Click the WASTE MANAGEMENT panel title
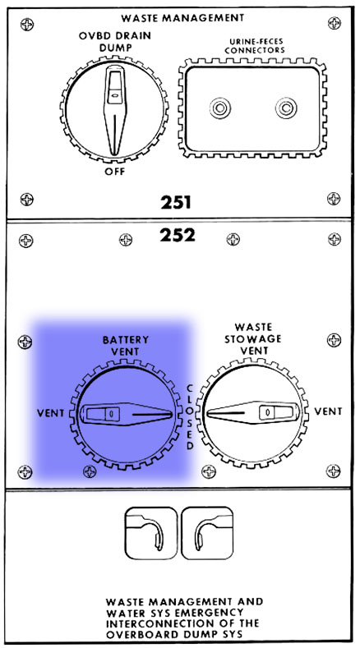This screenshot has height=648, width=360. coord(182,18)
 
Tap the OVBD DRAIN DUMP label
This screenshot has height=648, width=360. coord(114,41)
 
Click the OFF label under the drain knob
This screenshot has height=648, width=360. coord(114,171)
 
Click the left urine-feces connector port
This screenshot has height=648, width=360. coord(219,108)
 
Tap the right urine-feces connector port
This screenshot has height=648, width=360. coord(286,108)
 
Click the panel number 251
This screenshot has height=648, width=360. coord(176,203)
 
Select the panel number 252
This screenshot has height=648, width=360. coord(178,235)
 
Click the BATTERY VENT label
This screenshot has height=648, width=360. coord(126,346)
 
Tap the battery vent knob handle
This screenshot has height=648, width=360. coord(126,414)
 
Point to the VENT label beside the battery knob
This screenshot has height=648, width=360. coord(50,413)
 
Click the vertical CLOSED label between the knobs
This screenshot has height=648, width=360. coord(190,417)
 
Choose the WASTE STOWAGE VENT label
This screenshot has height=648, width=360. coord(253,339)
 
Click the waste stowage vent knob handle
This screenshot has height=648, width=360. coord(253,412)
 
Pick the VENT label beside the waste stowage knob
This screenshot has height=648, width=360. coord(328,411)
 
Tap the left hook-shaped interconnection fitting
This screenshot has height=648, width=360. coord(151,533)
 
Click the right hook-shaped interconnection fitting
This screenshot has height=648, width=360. coord(207,533)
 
